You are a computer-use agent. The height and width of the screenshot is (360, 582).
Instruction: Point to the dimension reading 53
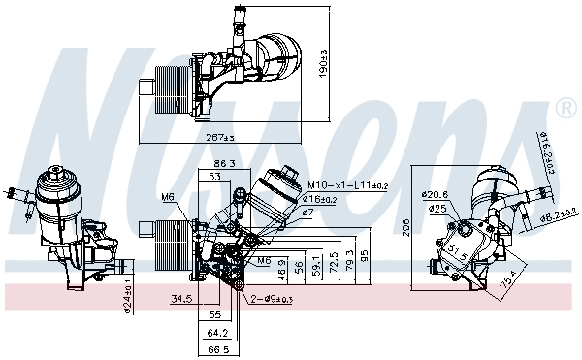click(212, 178)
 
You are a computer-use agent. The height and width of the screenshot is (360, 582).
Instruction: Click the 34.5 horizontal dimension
click(181, 298)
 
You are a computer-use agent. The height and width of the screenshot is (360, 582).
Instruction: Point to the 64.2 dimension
click(220, 332)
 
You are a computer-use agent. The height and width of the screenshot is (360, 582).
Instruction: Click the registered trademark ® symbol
click(563, 104)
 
